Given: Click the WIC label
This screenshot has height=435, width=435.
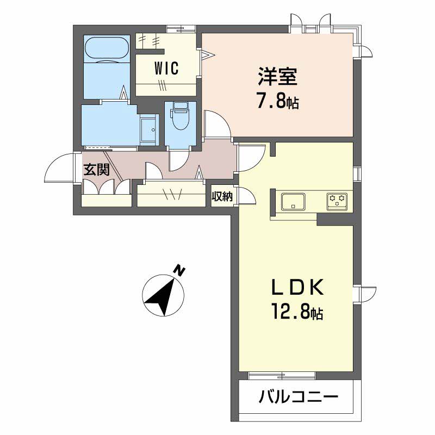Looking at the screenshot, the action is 166,69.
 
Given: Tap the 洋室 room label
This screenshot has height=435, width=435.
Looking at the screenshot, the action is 278,77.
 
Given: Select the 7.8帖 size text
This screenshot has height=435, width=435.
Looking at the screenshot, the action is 278,102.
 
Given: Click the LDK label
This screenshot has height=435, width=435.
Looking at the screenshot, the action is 297,288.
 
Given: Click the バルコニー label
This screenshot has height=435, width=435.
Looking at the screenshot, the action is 299,396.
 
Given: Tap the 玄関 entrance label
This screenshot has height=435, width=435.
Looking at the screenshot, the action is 97,169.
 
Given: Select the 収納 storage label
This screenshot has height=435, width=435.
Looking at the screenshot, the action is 222,197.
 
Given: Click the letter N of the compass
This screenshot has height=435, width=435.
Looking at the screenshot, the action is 180,270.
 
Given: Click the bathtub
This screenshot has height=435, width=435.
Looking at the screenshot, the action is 107,48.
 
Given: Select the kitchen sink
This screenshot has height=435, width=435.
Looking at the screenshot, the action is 293,201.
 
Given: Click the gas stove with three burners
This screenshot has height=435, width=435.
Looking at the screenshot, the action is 337,201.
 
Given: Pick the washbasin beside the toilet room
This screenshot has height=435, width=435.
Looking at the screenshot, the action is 148,130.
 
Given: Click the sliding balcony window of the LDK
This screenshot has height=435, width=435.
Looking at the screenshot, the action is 282,376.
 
